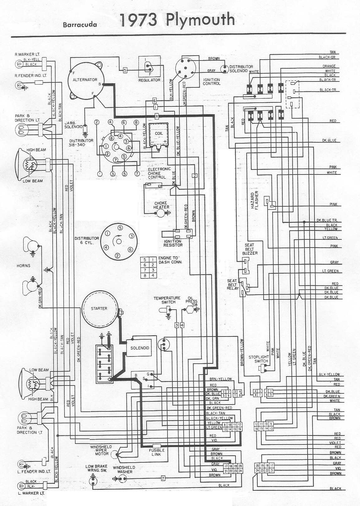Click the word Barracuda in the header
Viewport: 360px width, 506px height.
(80, 25)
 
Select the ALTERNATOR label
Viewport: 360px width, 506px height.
(85, 80)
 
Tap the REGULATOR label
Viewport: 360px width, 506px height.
(149, 80)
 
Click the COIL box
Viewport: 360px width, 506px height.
(159, 134)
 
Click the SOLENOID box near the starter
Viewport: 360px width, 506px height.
(139, 348)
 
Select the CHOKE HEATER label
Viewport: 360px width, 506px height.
(161, 205)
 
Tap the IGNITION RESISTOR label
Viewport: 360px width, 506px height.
(173, 243)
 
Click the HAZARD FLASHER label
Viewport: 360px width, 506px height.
(255, 200)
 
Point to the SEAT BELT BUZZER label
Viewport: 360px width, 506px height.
(250, 249)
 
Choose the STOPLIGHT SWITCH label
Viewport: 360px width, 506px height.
(259, 359)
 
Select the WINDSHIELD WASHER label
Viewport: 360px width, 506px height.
(124, 469)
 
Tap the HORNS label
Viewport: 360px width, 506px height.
(24, 266)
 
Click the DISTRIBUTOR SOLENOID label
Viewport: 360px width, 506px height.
(241, 69)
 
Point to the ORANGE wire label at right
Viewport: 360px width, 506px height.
(329, 66)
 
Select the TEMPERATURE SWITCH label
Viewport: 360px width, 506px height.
(167, 300)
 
